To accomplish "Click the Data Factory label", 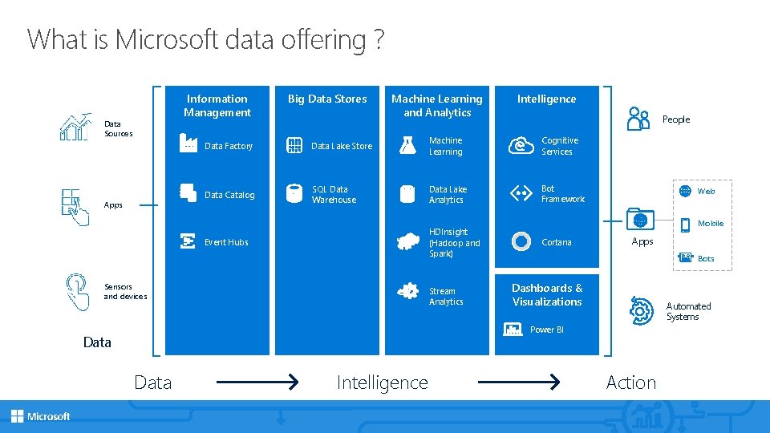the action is click(229, 146).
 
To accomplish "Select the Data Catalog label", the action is click(229, 195).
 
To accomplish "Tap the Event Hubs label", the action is click(226, 242).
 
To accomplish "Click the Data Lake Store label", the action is click(342, 146).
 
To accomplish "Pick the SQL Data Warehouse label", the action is click(334, 195).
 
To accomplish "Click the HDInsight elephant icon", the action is click(409, 241).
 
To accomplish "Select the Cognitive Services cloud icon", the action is click(521, 145).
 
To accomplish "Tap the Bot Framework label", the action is click(562, 194).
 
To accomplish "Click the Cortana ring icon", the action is click(521, 241).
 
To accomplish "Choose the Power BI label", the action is click(547, 330).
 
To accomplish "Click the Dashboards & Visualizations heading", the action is click(547, 295).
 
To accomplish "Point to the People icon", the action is click(639, 119).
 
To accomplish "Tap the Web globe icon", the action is click(685, 191).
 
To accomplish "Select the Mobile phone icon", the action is click(685, 224).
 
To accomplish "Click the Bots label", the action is click(706, 259).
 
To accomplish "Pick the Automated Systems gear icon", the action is click(642, 309).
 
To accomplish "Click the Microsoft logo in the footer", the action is click(41, 416).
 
